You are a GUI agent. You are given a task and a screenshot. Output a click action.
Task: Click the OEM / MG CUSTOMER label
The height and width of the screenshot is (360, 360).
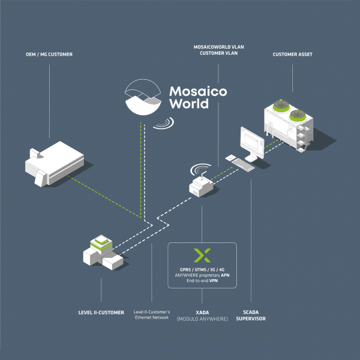point(49,55)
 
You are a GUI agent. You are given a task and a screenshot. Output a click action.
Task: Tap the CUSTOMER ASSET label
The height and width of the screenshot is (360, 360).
point(293,55)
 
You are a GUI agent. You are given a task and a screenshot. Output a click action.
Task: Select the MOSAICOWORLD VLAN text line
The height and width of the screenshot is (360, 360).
point(218,47)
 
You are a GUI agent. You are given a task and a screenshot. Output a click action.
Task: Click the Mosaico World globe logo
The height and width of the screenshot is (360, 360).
point(143,97)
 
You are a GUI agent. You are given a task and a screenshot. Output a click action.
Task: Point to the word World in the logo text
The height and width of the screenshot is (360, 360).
point(189,104)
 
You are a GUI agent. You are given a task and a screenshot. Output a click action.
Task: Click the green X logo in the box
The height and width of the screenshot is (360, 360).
point(202,255)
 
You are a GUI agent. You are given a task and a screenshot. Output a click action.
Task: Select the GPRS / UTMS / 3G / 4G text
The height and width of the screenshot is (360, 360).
point(202,270)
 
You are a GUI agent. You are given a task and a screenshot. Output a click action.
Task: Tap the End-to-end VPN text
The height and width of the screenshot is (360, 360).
point(202,281)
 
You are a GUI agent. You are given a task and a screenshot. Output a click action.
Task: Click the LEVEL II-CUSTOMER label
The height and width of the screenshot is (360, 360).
point(101,313)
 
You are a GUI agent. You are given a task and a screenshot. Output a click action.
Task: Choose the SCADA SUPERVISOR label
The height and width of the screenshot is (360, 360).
point(251,316)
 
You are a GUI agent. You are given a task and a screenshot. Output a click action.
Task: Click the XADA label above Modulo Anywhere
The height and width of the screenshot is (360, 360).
point(202,313)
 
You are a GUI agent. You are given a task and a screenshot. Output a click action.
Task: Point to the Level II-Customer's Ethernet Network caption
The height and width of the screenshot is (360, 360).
point(152,315)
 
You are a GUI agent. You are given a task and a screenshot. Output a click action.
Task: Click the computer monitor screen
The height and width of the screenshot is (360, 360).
point(252,140)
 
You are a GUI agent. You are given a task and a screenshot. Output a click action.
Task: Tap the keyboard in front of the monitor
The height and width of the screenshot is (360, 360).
point(243,164)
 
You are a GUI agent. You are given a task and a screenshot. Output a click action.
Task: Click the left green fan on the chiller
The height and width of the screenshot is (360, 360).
point(281,106)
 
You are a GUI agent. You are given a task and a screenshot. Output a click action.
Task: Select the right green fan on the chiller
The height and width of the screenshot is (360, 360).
point(298,115)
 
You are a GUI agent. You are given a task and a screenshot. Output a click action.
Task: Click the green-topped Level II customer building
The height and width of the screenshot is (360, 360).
point(103,253)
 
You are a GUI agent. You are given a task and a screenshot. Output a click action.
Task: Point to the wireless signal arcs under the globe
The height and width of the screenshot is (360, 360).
point(164,123)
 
